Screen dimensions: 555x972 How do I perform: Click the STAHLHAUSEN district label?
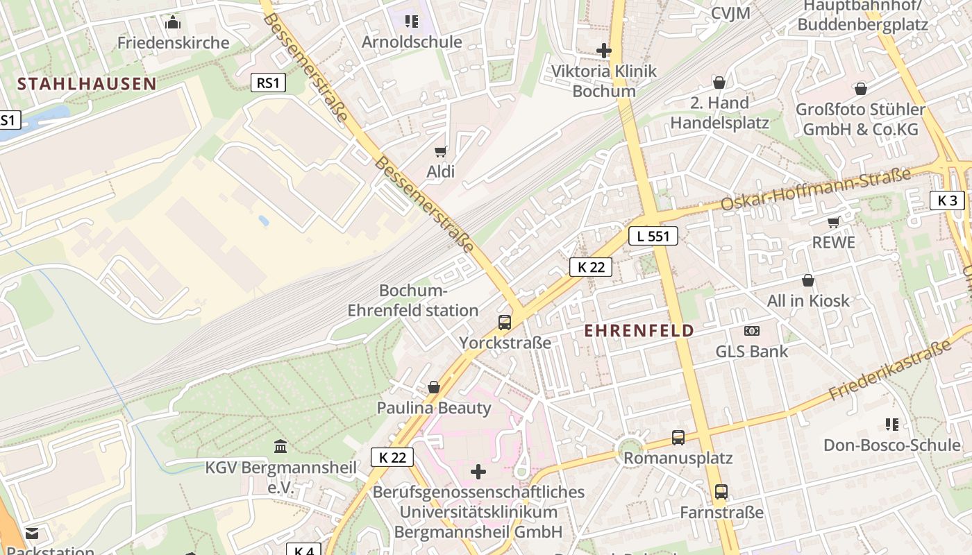click(x=87, y=84)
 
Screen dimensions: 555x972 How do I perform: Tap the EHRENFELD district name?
click(x=639, y=330)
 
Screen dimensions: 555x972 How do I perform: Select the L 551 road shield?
click(x=653, y=236)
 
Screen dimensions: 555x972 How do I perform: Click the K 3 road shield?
click(x=947, y=200)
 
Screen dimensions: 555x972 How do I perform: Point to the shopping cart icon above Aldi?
click(x=440, y=151)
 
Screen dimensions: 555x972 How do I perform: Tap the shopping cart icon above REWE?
click(x=833, y=223)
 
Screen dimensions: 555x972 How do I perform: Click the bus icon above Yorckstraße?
click(x=505, y=322)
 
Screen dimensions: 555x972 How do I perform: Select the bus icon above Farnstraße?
click(x=721, y=492)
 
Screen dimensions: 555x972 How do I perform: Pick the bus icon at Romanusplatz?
click(x=678, y=438)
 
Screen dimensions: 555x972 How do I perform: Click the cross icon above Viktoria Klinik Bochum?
click(x=604, y=50)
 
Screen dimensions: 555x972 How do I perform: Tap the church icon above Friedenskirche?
click(x=173, y=23)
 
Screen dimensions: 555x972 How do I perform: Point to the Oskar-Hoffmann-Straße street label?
click(x=816, y=189)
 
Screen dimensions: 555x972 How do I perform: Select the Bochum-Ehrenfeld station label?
click(x=413, y=300)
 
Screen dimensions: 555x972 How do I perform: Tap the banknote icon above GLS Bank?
click(x=752, y=331)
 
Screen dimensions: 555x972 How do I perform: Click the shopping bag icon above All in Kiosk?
click(x=808, y=280)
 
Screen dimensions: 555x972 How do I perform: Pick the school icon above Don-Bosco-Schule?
click(x=892, y=424)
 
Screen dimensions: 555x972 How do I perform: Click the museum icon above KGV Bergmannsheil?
click(x=280, y=445)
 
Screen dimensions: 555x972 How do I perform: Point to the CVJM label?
click(x=730, y=13)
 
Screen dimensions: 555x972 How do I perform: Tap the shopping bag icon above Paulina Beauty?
click(x=434, y=386)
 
